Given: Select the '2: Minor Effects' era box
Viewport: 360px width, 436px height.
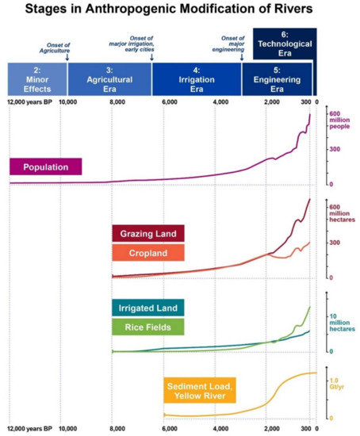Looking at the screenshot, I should coord(36,79).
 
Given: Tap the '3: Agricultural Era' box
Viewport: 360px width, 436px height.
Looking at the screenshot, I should coord(109,79).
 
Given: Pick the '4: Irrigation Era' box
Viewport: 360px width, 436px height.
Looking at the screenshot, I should coord(196,79).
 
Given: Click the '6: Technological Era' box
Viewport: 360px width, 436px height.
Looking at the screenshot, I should coord(288,44).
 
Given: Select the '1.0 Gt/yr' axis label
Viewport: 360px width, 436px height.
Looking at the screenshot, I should coord(337,381).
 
